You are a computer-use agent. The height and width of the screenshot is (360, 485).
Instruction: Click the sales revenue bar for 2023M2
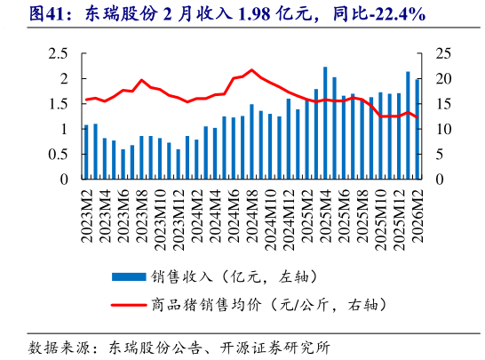click(86, 152)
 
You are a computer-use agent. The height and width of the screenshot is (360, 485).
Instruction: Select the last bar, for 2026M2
click(417, 130)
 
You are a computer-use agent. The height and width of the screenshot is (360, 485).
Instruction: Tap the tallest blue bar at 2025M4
click(325, 124)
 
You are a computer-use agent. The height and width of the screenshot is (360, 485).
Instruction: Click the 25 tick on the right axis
click(439, 53)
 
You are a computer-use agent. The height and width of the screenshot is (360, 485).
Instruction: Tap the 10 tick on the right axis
click(439, 129)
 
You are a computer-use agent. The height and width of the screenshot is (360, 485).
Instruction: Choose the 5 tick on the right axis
click(435, 155)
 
